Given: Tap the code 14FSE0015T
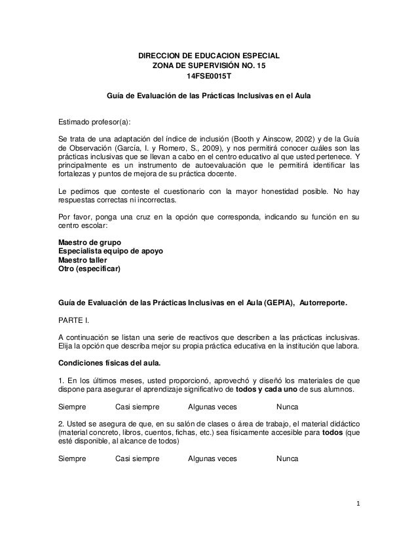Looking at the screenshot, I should [x=209, y=77].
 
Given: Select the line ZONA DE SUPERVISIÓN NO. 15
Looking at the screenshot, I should [x=209, y=66].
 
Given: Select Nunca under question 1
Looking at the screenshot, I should [x=288, y=406].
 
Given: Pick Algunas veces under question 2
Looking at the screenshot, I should [x=212, y=459].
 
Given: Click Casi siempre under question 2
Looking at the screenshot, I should [x=137, y=459].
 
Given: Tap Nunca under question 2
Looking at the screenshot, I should [x=288, y=459].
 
